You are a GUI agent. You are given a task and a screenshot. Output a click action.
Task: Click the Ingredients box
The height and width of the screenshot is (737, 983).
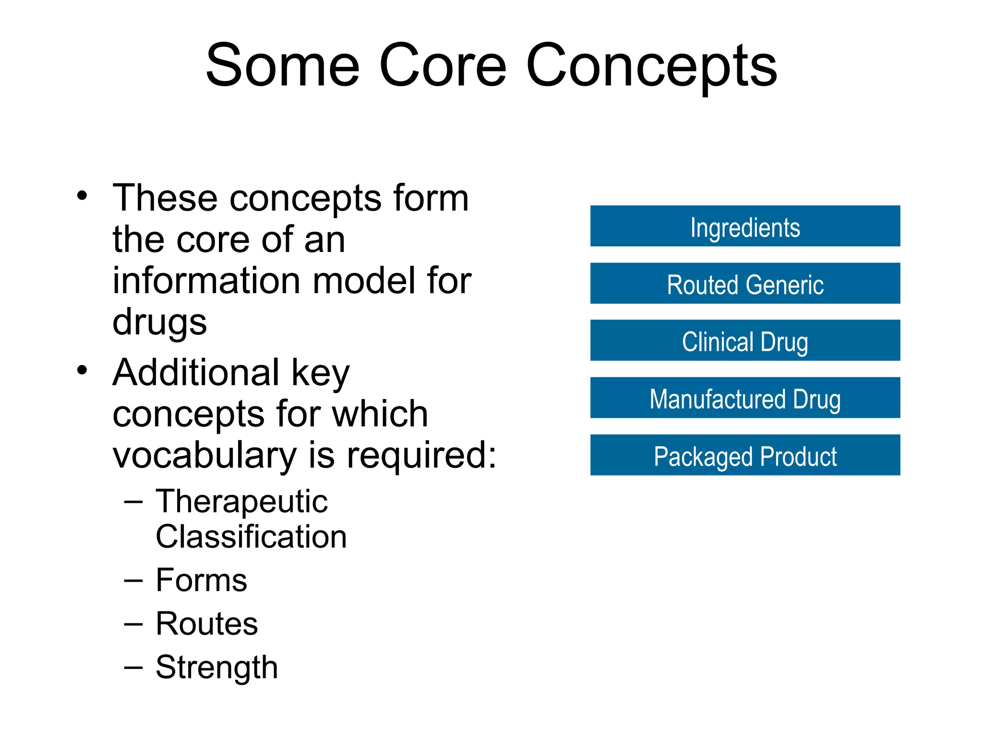745,226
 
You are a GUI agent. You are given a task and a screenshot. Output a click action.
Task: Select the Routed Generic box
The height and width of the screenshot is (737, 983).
745,284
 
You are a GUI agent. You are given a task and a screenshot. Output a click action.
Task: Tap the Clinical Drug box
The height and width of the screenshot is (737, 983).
745,341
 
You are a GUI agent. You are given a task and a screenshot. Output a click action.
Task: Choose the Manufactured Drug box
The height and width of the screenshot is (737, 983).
745,398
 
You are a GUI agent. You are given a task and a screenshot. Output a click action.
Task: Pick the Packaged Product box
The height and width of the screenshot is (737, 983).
745,455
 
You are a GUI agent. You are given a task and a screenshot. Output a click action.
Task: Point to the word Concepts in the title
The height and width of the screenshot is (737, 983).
651,66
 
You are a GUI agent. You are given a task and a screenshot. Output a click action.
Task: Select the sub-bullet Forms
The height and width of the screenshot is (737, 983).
201,580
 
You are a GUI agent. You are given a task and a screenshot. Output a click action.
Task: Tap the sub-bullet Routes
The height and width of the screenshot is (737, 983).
207,624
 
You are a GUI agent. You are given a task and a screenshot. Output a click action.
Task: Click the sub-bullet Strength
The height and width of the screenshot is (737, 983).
216,667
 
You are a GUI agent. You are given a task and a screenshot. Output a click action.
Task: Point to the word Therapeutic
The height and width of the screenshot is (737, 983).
241,502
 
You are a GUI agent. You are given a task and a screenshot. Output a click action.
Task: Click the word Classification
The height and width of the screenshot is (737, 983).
251,536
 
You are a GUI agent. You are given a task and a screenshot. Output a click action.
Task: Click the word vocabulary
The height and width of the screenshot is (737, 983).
204,455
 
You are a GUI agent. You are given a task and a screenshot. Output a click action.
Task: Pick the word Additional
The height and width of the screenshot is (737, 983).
196,372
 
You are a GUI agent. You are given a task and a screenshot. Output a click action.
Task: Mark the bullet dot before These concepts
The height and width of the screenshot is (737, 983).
83,196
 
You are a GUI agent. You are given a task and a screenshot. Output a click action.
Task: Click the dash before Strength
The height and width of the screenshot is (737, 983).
133,667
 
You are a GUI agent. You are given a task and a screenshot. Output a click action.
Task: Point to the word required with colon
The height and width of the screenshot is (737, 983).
421,455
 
